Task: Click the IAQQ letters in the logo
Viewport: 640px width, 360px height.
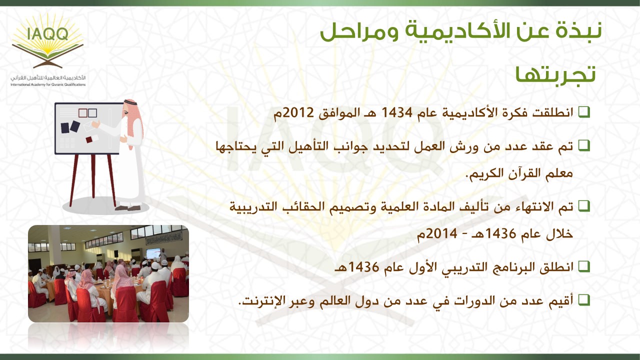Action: pos(48,33)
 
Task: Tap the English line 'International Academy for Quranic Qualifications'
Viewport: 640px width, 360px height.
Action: pos(48,84)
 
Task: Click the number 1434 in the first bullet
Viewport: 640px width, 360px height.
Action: pos(397,113)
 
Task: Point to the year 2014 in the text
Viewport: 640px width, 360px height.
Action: pos(441,234)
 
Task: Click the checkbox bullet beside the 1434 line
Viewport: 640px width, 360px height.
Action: pos(584,112)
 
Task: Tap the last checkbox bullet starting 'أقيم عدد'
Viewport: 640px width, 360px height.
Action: pos(584,300)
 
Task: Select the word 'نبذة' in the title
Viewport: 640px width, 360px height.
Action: pos(578,31)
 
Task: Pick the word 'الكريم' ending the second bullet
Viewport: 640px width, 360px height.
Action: pos(485,173)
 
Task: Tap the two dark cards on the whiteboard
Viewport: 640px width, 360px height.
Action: pos(70,127)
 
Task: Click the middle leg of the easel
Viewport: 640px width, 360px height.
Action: pos(93,176)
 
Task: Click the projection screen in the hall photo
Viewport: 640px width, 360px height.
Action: pos(153,253)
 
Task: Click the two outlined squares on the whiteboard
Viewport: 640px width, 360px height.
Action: pos(87,113)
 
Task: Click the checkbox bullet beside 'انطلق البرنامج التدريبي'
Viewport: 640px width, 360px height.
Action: pos(584,266)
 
